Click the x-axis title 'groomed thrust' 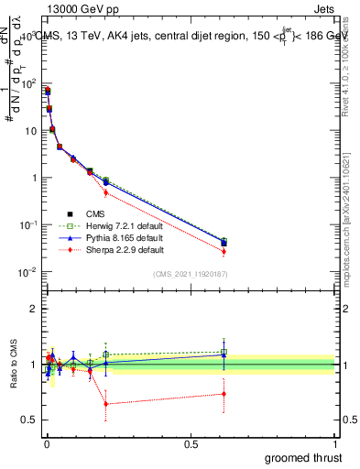[x=304, y=457]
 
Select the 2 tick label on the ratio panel [x=33, y=309]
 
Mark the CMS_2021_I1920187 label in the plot [x=190, y=274]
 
